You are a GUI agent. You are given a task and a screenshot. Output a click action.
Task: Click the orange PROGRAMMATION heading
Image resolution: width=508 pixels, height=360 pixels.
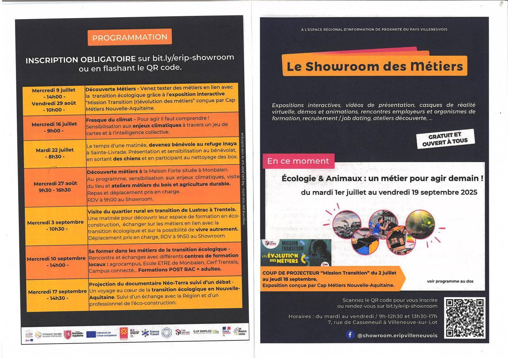coord(130,37)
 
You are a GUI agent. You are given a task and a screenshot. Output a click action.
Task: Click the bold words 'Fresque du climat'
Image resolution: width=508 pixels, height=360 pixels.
coord(109,120)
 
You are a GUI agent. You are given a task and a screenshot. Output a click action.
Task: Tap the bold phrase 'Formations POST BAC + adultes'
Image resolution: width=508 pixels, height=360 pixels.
coord(180,269)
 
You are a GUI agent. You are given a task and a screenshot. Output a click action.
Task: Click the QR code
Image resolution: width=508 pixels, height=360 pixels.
coord(465,317)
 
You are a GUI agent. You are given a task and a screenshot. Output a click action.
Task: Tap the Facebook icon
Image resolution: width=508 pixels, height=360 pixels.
coord(350,335)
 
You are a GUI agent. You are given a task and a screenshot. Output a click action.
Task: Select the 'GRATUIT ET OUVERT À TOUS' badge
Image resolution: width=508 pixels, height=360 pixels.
coord(445,139)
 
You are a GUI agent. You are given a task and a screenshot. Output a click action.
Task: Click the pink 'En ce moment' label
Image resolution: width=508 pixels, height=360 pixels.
coord(298,161)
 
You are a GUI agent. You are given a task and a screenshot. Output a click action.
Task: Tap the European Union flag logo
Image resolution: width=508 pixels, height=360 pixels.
coord(91,334)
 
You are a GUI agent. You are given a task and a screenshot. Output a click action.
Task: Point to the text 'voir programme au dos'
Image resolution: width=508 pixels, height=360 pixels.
coord(450,281)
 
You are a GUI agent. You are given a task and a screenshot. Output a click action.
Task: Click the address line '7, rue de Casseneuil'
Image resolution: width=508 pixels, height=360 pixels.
coord(382,322)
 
